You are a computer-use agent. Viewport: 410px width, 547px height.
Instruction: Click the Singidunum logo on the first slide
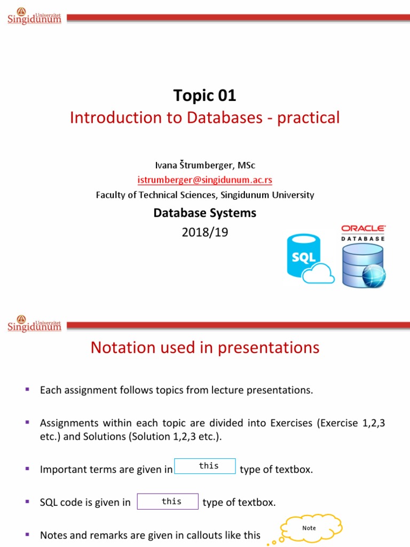point(34,17)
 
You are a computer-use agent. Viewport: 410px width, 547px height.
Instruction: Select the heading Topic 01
point(204,96)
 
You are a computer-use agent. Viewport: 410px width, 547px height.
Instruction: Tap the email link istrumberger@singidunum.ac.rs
point(205,180)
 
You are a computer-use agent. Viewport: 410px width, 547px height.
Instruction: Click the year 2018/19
point(204,232)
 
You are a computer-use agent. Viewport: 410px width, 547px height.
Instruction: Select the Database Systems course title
point(204,213)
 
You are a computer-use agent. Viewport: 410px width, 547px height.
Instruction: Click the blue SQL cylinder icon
point(303,255)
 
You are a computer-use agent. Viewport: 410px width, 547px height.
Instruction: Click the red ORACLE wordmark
point(363,229)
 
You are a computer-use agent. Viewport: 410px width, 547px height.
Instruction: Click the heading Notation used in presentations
point(204,348)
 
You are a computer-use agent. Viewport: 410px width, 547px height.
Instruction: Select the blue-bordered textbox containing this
point(206,466)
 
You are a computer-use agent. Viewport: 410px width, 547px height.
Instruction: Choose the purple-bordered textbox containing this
point(168,502)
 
